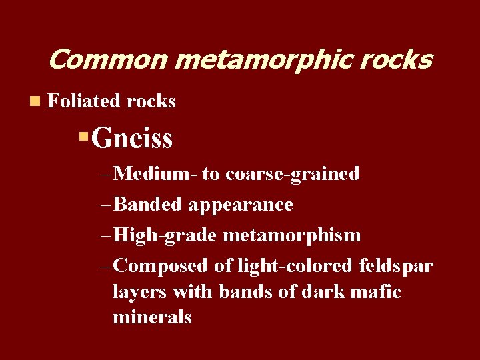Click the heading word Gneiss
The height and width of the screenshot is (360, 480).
pos(132,139)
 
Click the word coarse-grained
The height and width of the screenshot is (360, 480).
pos(293,174)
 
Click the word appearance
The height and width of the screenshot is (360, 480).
pos(240,205)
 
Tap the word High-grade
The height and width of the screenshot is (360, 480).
pos(165,235)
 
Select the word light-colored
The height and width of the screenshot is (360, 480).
pos(293,266)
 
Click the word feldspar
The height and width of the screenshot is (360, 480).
pos(395,266)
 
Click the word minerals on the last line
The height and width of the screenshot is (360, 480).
pos(152,317)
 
